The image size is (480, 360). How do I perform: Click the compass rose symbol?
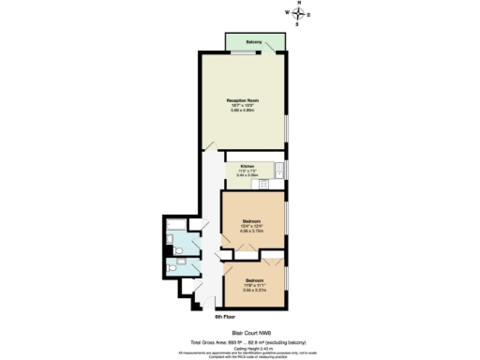point(298,14)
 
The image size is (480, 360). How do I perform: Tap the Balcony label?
point(253,42)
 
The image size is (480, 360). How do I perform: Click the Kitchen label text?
point(247,165)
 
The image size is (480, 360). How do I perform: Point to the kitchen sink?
point(278,170)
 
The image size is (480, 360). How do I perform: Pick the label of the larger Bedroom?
point(250,221)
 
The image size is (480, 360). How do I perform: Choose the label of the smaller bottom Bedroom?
point(254,280)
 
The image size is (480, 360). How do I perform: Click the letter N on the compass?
point(298,5)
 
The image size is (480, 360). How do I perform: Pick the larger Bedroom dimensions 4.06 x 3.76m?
point(250,232)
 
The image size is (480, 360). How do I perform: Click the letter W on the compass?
point(288,14)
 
